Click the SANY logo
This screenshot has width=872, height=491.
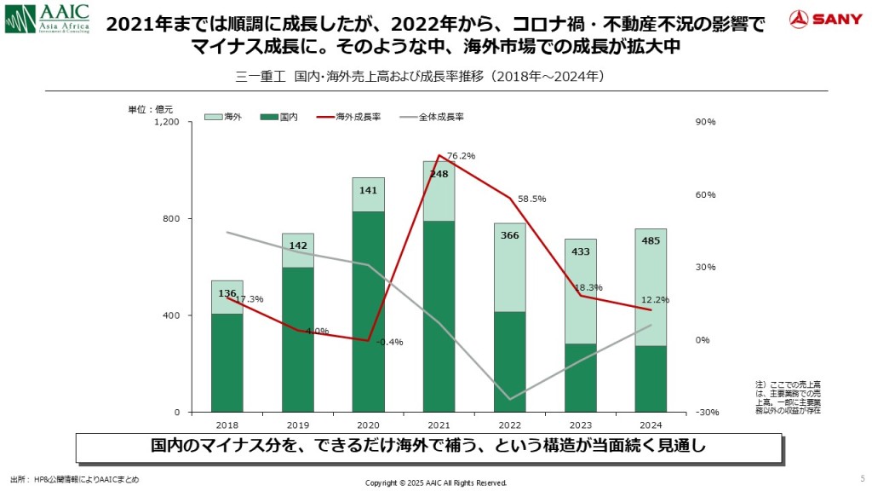pyautogui.click(x=825, y=19)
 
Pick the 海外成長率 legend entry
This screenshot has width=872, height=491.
pyautogui.click(x=349, y=117)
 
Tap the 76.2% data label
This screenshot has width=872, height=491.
pyautogui.click(x=461, y=156)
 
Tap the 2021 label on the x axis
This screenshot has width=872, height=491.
pyautogui.click(x=439, y=425)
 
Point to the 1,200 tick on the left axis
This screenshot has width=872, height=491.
pyautogui.click(x=166, y=123)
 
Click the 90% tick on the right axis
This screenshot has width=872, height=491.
pyautogui.click(x=706, y=123)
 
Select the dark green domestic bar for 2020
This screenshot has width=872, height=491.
pyautogui.click(x=368, y=311)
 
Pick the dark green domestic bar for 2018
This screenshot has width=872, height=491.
pyautogui.click(x=227, y=362)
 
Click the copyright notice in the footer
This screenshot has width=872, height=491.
pyautogui.click(x=435, y=482)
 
